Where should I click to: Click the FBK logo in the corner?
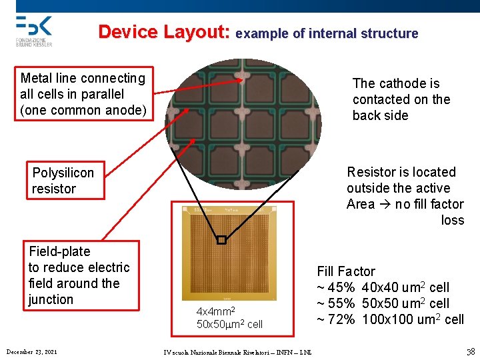pyautogui.click(x=33, y=30)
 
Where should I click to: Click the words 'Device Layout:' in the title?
pyautogui.click(x=164, y=32)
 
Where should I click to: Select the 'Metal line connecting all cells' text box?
pyautogui.click(x=84, y=94)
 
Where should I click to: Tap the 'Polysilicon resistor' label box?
pyautogui.click(x=65, y=181)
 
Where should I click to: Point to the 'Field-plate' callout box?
pyautogui.click(x=81, y=275)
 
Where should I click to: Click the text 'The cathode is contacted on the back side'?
pyautogui.click(x=401, y=99)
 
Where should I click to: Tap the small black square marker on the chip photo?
pyautogui.click(x=222, y=241)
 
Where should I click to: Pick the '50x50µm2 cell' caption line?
pyautogui.click(x=229, y=324)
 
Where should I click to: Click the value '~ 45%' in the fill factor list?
pyautogui.click(x=336, y=287)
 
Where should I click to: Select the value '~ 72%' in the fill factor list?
pyautogui.click(x=336, y=319)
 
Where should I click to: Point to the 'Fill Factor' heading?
pyautogui.click(x=346, y=271)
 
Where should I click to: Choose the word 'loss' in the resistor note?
pyautogui.click(x=453, y=220)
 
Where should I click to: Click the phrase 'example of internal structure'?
pyautogui.click(x=327, y=33)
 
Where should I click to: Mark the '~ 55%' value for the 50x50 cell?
pyautogui.click(x=336, y=303)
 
